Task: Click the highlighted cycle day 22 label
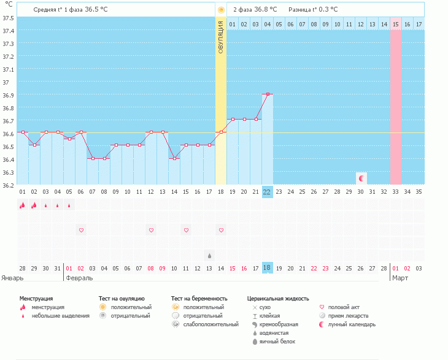[267, 191]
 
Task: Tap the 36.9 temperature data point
[267, 94]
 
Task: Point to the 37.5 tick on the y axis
[9, 17]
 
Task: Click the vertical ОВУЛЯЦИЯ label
[221, 37]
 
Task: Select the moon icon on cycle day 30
[362, 178]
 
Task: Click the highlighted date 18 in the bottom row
[267, 268]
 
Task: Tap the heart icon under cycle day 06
[81, 230]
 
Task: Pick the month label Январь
[12, 278]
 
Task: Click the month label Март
[401, 278]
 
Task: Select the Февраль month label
[79, 278]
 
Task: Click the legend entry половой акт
[341, 307]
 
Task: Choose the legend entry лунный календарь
[352, 324]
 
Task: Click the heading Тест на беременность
[203, 298]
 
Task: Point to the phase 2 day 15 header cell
[396, 24]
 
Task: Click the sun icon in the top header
[221, 10]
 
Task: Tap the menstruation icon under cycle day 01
[22, 205]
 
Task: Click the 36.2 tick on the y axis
[9, 185]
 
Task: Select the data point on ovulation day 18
[221, 132]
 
